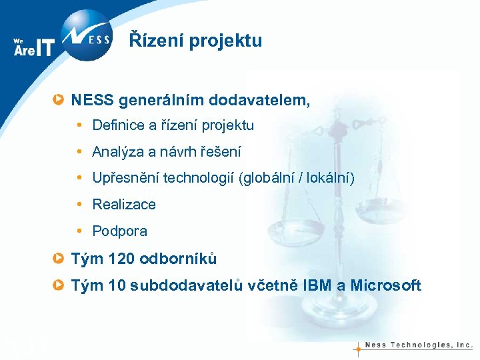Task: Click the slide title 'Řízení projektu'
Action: (195, 41)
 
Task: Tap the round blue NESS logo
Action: (87, 35)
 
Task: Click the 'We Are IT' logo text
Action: (33, 47)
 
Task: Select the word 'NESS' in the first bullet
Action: (93, 101)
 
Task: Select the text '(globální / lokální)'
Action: (298, 179)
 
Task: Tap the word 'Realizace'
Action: (124, 205)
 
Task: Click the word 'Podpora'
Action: (120, 231)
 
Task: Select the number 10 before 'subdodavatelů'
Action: (116, 286)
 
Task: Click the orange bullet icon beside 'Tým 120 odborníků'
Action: (59, 259)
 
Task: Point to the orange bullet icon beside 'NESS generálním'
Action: (59, 101)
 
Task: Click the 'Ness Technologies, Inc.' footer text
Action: (419, 345)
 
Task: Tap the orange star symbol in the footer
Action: (358, 347)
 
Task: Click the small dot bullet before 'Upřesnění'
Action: (79, 179)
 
